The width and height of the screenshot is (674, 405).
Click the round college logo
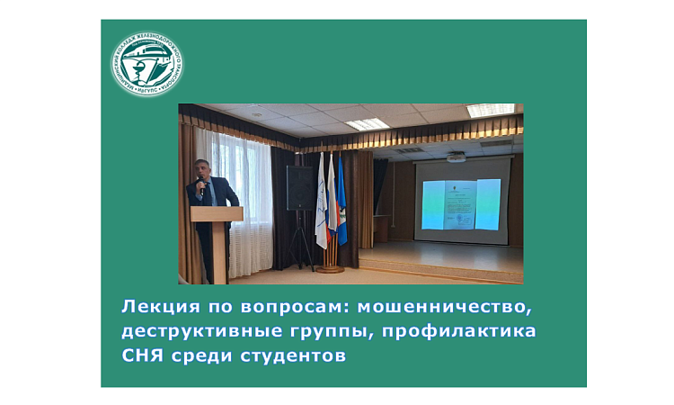pyautogui.click(x=146, y=64)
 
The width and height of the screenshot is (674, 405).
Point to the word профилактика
pyautogui.click(x=459, y=332)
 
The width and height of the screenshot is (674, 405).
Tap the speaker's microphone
pyautogui.click(x=202, y=186)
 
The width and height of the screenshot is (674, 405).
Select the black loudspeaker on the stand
pyautogui.click(x=300, y=188)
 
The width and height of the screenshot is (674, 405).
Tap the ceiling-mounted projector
pyautogui.click(x=457, y=157)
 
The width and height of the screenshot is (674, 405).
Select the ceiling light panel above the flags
pyautogui.click(x=367, y=124)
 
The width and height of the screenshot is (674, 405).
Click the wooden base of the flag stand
pyautogui.click(x=330, y=268)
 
